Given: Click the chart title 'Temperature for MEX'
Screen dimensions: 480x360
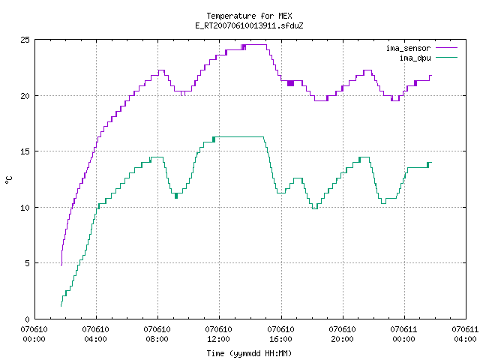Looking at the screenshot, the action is [249, 16].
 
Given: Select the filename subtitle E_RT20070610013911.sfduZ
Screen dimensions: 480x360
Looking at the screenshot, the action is [249, 25].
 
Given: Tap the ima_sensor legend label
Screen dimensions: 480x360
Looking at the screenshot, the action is [408, 48].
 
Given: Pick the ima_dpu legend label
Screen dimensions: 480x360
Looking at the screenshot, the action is [415, 58].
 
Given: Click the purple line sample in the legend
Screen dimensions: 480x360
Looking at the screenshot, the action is [446, 48].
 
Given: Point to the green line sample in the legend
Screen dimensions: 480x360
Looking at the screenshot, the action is [446, 58].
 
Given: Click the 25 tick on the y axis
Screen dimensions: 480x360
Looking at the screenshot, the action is [25, 40].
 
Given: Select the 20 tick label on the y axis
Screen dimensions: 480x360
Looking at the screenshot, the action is [25, 96].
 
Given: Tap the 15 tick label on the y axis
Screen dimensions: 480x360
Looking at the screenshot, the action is [25, 151].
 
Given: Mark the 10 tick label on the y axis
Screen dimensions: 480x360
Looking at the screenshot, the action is [25, 208].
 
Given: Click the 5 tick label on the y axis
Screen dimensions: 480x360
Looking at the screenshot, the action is [28, 263].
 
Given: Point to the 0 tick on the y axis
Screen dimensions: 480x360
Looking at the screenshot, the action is [28, 319].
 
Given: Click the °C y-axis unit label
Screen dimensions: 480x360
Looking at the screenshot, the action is [8, 180].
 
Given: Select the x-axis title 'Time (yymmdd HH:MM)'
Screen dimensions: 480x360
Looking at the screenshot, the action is [249, 353].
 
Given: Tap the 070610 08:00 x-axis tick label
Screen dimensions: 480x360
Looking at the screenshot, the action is [157, 334].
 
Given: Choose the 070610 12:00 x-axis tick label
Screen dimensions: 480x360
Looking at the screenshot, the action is [218, 334].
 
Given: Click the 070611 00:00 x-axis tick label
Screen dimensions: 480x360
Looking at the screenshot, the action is [403, 334].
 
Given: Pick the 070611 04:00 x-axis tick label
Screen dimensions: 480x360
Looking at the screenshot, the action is [465, 334].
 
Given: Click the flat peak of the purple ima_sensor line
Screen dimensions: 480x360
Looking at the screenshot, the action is [256, 45].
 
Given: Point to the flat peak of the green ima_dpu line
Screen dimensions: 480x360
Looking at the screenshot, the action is [239, 136].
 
